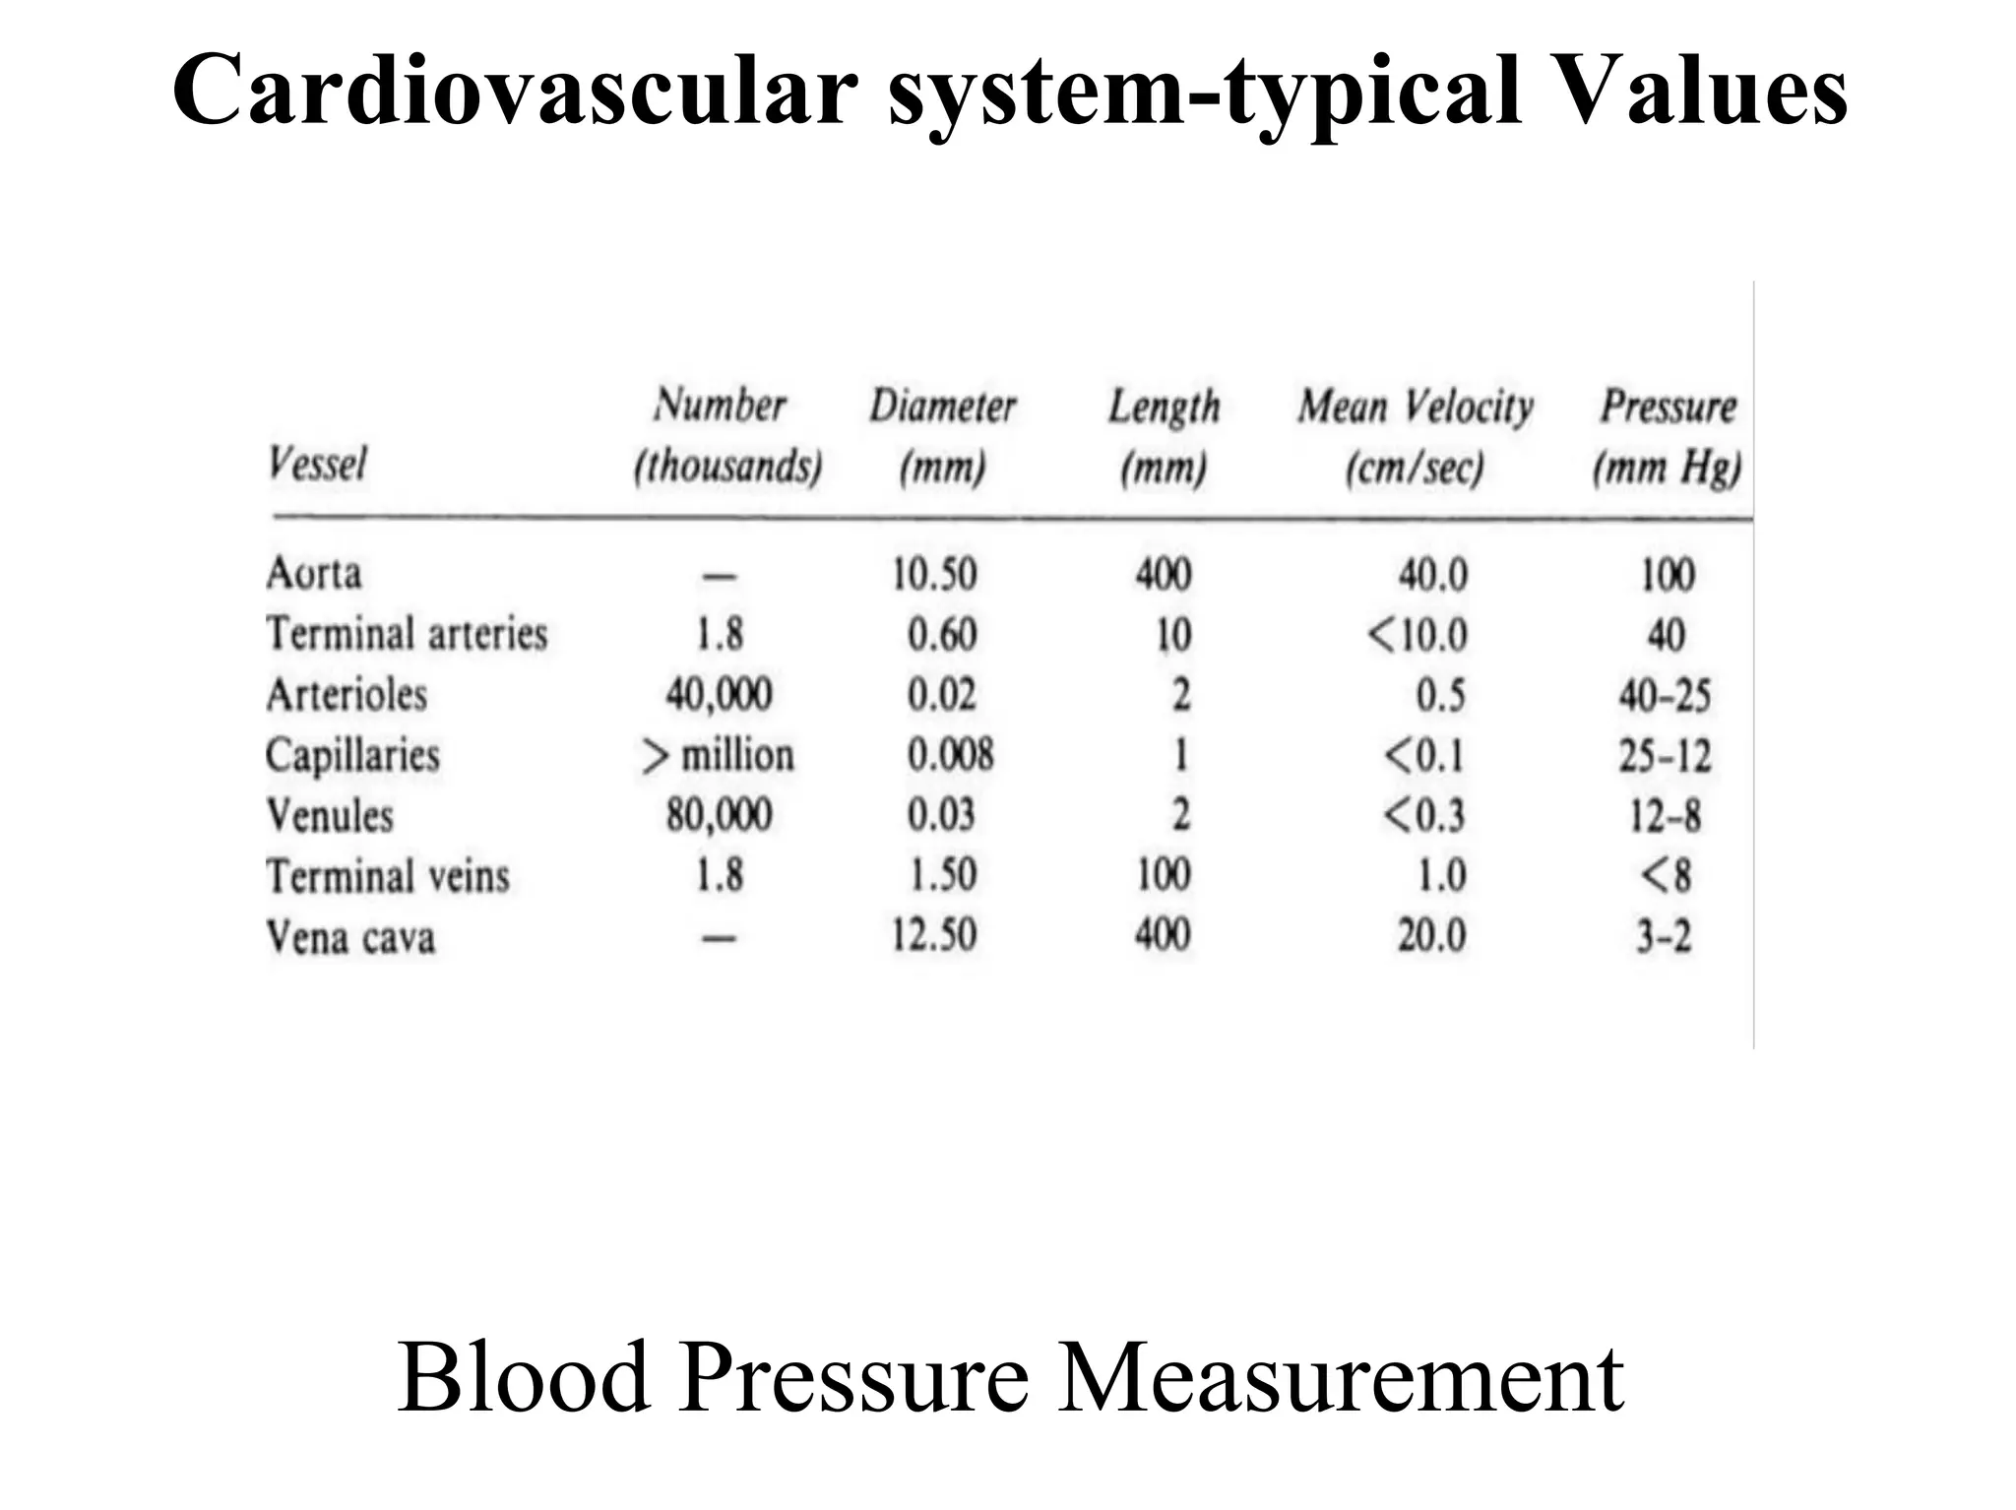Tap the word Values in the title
tap(1684, 92)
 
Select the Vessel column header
tap(317, 464)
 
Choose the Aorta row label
tap(314, 574)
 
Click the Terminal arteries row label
tap(407, 634)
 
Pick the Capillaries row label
tap(352, 756)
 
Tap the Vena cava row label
tap(350, 936)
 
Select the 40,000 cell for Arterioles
tap(719, 695)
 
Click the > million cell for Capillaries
tap(719, 756)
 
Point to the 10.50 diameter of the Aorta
tap(934, 574)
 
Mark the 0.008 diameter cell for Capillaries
tap(950, 756)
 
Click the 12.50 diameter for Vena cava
tap(934, 935)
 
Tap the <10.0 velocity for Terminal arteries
tap(1417, 635)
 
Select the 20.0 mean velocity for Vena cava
tap(1431, 935)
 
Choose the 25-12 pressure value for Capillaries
tap(1665, 756)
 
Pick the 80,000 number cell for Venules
tap(719, 815)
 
